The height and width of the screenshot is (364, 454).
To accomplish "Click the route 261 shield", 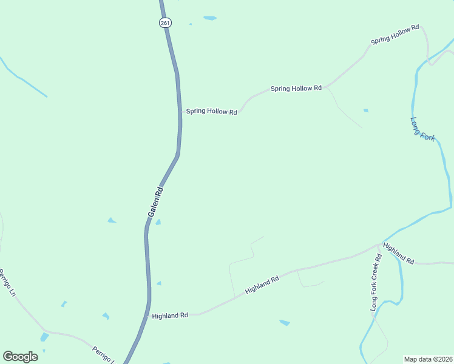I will pyautogui.click(x=166, y=22).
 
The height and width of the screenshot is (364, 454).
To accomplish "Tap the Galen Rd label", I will pyautogui.click(x=156, y=203).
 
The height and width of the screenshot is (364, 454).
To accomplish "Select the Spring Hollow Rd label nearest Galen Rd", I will pyautogui.click(x=211, y=112).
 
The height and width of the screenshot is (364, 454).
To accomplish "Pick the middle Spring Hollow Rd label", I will pyautogui.click(x=296, y=89).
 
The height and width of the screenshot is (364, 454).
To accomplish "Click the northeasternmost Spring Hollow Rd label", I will pyautogui.click(x=395, y=35).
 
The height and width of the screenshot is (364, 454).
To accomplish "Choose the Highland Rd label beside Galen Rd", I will pyautogui.click(x=170, y=315).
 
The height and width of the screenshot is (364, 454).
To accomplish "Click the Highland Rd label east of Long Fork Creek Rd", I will pyautogui.click(x=399, y=254).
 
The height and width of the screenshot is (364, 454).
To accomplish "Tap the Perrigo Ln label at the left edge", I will pyautogui.click(x=7, y=283).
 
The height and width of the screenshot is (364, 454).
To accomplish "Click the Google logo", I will pyautogui.click(x=20, y=357).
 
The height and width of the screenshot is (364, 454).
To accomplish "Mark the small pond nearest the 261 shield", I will pyautogui.click(x=209, y=18).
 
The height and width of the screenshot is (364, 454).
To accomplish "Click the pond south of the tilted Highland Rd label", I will pyautogui.click(x=284, y=323).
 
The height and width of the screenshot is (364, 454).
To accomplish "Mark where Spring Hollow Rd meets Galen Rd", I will pyautogui.click(x=181, y=112).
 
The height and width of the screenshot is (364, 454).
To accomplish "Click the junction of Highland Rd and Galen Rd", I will pyautogui.click(x=147, y=315).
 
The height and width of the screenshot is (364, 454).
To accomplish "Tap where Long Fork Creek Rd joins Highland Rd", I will pyautogui.click(x=381, y=244).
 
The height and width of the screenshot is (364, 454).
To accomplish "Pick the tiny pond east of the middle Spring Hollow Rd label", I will pyautogui.click(x=365, y=110).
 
